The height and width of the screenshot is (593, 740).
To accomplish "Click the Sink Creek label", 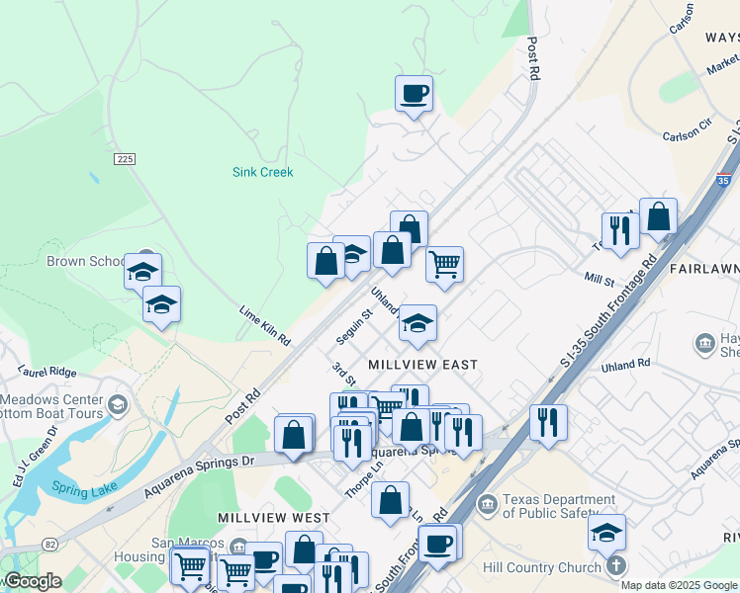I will coord(262,172).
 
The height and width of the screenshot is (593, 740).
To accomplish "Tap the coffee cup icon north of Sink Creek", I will coord(415,94).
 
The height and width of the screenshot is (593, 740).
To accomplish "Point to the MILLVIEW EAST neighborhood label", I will coord(422,365).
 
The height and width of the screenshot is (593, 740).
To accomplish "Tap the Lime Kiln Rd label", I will coord(264,325).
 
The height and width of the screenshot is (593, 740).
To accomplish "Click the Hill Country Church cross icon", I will coord(615,567).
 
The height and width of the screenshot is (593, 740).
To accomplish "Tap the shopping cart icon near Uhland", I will coord(444,264).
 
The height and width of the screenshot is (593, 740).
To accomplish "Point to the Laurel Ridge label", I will coord(46,372).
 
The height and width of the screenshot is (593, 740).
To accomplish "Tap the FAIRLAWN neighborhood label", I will coord(703,269).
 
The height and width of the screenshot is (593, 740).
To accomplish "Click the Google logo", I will coord(33,581).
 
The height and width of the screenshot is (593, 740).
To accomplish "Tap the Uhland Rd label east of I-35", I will coord(625,365).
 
